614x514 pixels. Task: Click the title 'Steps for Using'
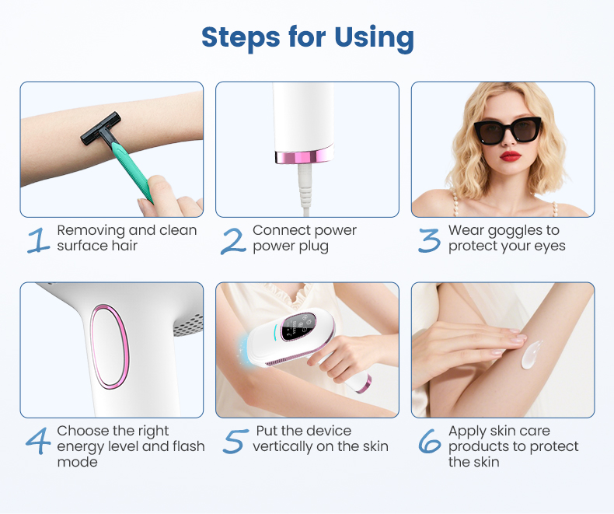click(307, 37)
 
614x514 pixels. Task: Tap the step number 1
click(37, 240)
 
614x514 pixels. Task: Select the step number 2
click(233, 240)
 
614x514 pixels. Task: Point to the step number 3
click(429, 240)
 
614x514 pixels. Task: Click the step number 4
click(37, 440)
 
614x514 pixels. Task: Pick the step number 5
click(234, 440)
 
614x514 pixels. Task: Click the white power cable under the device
click(306, 191)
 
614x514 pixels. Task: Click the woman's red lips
click(510, 156)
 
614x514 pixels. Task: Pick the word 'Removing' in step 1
click(91, 230)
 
